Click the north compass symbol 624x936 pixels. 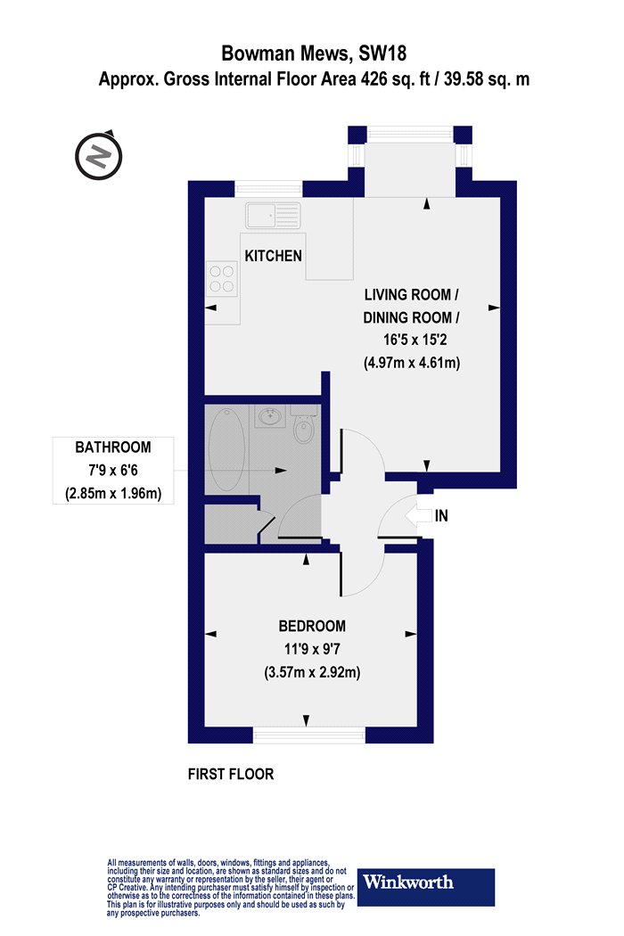tap(99, 156)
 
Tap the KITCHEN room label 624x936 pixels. tap(273, 256)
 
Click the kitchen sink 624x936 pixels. tap(272, 215)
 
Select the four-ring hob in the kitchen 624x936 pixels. tap(222, 279)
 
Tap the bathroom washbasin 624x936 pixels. tap(272, 415)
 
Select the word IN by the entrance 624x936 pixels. tap(441, 516)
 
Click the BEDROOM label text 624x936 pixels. tap(312, 626)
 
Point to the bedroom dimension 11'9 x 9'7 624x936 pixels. tap(312, 649)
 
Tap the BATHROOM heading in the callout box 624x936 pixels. tap(113, 447)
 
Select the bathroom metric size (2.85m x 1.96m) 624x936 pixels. tap(113, 494)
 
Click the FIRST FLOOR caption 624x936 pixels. tap(231, 775)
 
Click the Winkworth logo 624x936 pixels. tap(426, 886)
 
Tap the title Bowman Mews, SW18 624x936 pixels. tap(314, 53)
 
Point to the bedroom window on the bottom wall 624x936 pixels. tap(308, 735)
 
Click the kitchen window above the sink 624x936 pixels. tap(268, 189)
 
